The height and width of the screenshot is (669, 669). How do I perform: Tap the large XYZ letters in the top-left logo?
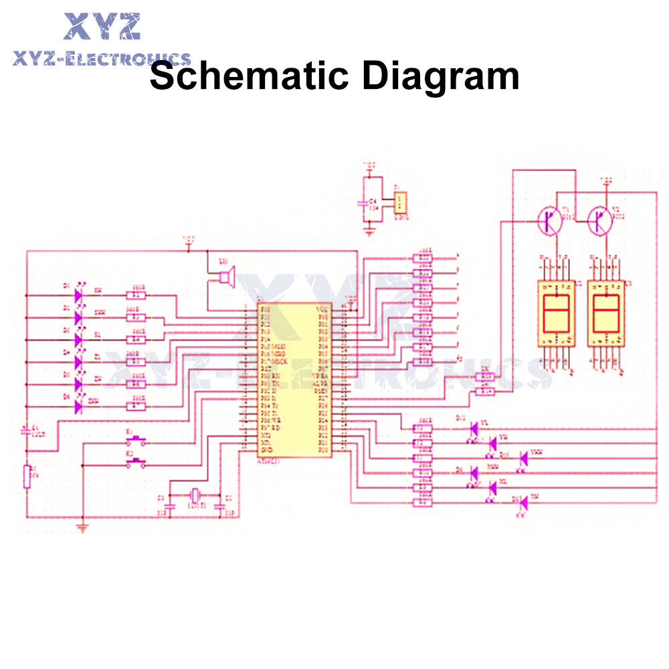coord(102,27)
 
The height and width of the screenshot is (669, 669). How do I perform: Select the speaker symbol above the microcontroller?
coord(226,276)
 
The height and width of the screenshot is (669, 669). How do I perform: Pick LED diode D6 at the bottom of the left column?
coord(78,405)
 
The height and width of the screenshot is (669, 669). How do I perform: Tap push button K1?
coord(137,441)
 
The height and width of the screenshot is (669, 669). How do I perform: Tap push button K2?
coord(137,463)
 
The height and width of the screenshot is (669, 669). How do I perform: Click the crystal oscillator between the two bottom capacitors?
coord(195,496)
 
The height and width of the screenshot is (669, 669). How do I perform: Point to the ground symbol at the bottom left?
coord(82,527)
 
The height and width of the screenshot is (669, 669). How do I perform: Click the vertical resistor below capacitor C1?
coord(27,476)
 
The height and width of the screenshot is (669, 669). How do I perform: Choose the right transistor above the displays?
coord(599,221)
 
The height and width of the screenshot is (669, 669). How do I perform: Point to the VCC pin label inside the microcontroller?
coord(322,308)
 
